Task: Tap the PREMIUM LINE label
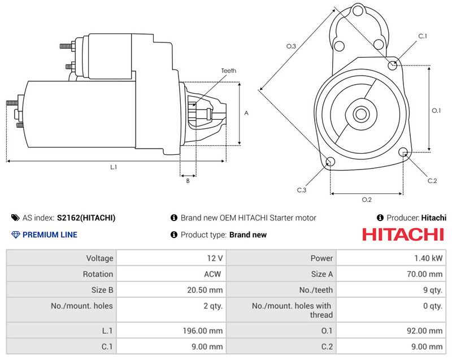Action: click(x=49, y=235)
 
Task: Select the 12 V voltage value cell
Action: click(x=215, y=258)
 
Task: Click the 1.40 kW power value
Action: click(x=431, y=258)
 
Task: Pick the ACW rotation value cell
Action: click(x=214, y=274)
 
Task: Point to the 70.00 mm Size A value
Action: click(x=428, y=274)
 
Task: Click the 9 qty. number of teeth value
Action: click(x=433, y=290)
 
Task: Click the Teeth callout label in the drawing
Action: click(x=228, y=71)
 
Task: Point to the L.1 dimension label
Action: click(x=114, y=167)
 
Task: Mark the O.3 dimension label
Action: click(x=292, y=46)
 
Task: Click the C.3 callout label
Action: click(x=302, y=190)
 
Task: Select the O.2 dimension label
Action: click(x=366, y=199)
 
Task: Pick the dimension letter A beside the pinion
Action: click(x=246, y=113)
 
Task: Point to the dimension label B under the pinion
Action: click(x=188, y=181)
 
